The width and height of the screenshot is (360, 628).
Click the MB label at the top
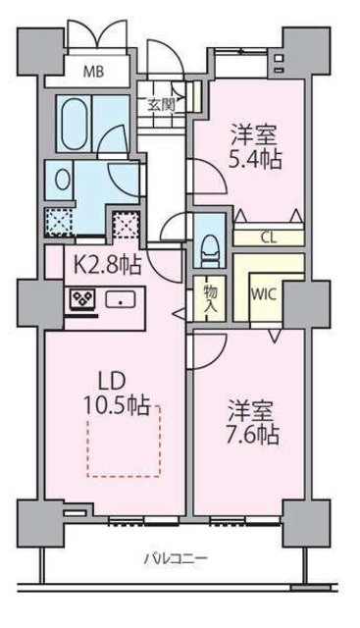(x=90, y=71)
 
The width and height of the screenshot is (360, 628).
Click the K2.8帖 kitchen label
(x=100, y=264)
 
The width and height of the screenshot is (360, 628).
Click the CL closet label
(x=268, y=235)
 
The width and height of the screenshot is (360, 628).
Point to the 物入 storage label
(x=210, y=295)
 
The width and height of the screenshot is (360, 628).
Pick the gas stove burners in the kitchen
(x=78, y=299)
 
